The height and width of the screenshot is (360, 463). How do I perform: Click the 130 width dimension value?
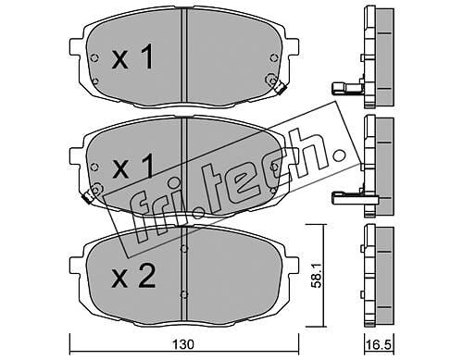click(183, 344)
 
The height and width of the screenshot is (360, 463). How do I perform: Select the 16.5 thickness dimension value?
click(380, 344)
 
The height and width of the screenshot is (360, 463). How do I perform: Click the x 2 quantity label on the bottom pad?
click(133, 277)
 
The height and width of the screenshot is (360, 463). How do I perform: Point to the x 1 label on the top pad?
click(132, 56)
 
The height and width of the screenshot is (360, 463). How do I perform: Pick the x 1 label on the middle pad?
click(132, 167)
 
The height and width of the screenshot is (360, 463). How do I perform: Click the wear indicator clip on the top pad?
click(280, 87)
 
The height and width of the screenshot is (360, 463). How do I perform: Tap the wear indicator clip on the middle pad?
click(88, 195)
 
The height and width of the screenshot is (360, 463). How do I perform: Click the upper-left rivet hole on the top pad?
click(94, 57)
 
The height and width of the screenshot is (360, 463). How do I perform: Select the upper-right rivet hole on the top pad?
click(273, 57)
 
